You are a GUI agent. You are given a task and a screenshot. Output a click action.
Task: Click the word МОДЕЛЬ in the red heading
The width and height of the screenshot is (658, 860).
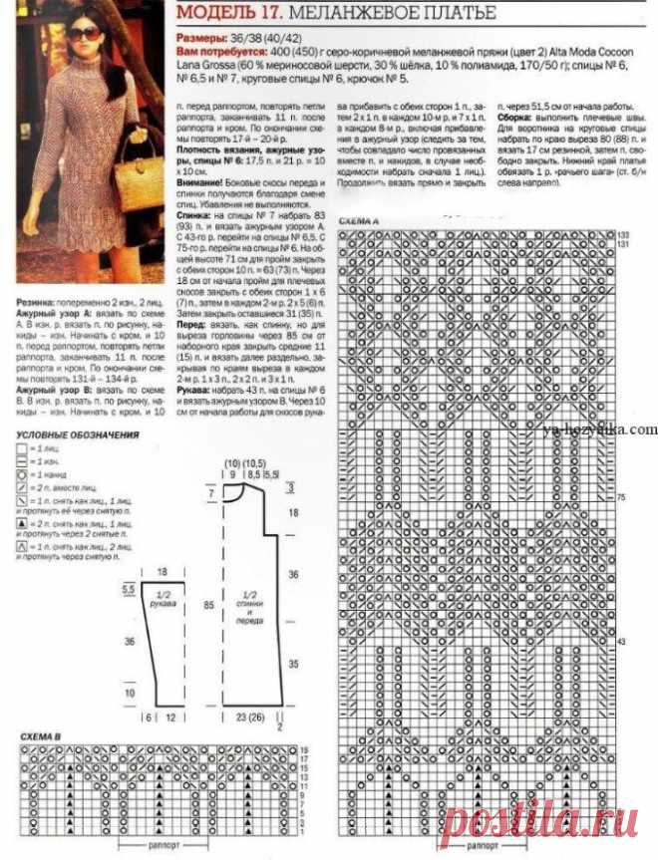pos(210,13)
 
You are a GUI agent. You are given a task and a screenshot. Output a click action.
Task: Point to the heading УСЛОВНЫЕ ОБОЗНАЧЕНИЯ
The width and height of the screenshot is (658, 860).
pos(79,434)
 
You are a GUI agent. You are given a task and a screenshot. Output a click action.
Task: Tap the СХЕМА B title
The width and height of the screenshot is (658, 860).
pos(41,735)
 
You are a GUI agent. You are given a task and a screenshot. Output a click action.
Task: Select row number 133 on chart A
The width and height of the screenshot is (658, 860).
pos(624,233)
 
